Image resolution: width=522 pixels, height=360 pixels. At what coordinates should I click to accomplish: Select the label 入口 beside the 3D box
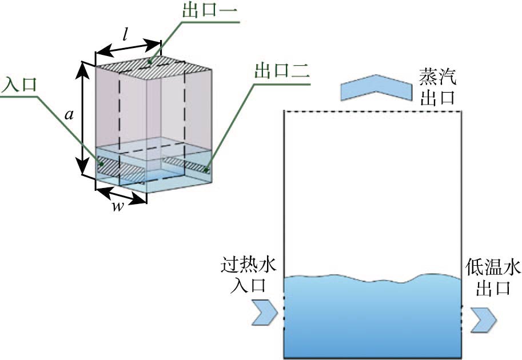tap(19, 85)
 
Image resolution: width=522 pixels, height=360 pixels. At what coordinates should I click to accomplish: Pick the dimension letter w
tap(117, 207)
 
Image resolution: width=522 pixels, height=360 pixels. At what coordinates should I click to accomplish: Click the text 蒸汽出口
tap(437, 86)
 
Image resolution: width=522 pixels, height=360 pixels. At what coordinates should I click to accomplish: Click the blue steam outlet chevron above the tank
tap(376, 87)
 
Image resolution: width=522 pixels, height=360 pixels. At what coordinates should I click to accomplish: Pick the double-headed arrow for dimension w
tap(121, 194)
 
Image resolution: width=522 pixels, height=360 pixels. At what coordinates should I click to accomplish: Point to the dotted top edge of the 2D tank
tap(373, 112)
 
